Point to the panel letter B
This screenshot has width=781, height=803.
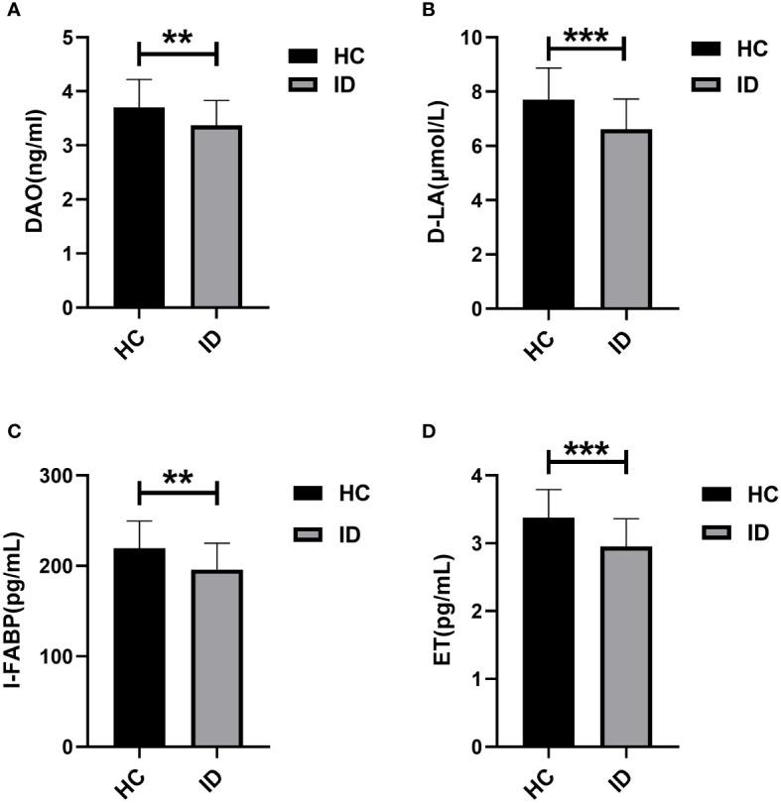[428, 12]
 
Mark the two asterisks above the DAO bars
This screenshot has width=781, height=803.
[177, 36]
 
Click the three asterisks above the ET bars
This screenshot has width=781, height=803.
[586, 450]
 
